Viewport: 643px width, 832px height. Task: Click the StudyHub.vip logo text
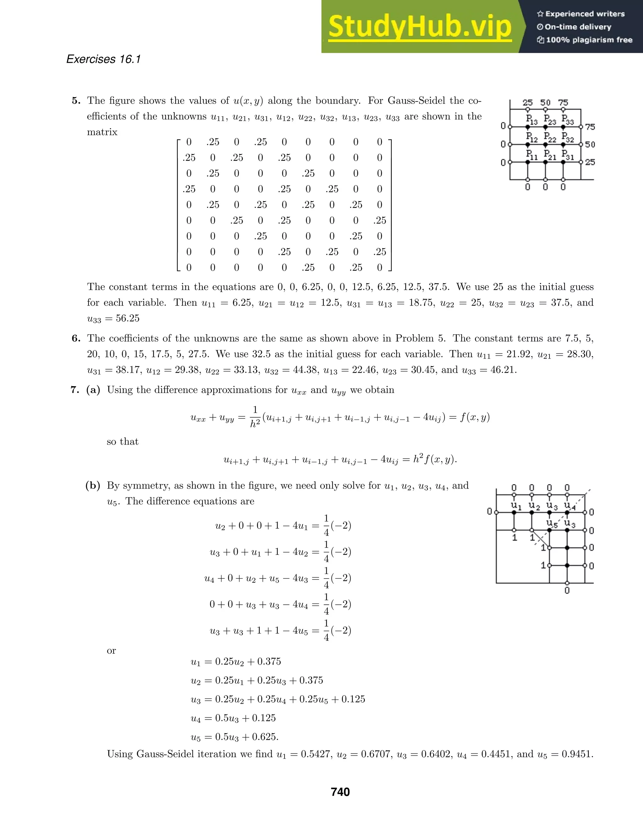pyautogui.click(x=419, y=27)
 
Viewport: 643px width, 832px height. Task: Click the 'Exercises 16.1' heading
pyautogui.click(x=103, y=59)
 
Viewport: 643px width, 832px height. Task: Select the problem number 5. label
pyautogui.click(x=76, y=100)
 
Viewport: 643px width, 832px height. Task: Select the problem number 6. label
pyautogui.click(x=76, y=338)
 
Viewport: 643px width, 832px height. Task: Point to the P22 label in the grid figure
pyautogui.click(x=550, y=137)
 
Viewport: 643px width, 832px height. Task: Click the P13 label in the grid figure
pyautogui.click(x=532, y=120)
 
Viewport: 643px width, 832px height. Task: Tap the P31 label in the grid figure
pyautogui.click(x=568, y=155)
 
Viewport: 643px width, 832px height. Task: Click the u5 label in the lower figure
pyautogui.click(x=552, y=523)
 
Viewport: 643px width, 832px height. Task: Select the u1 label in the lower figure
pyautogui.click(x=516, y=506)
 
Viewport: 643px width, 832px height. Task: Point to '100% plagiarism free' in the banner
pyautogui.click(x=589, y=40)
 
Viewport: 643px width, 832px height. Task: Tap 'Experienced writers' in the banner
pyautogui.click(x=585, y=14)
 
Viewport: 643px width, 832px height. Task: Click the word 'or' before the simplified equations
pyautogui.click(x=111, y=650)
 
